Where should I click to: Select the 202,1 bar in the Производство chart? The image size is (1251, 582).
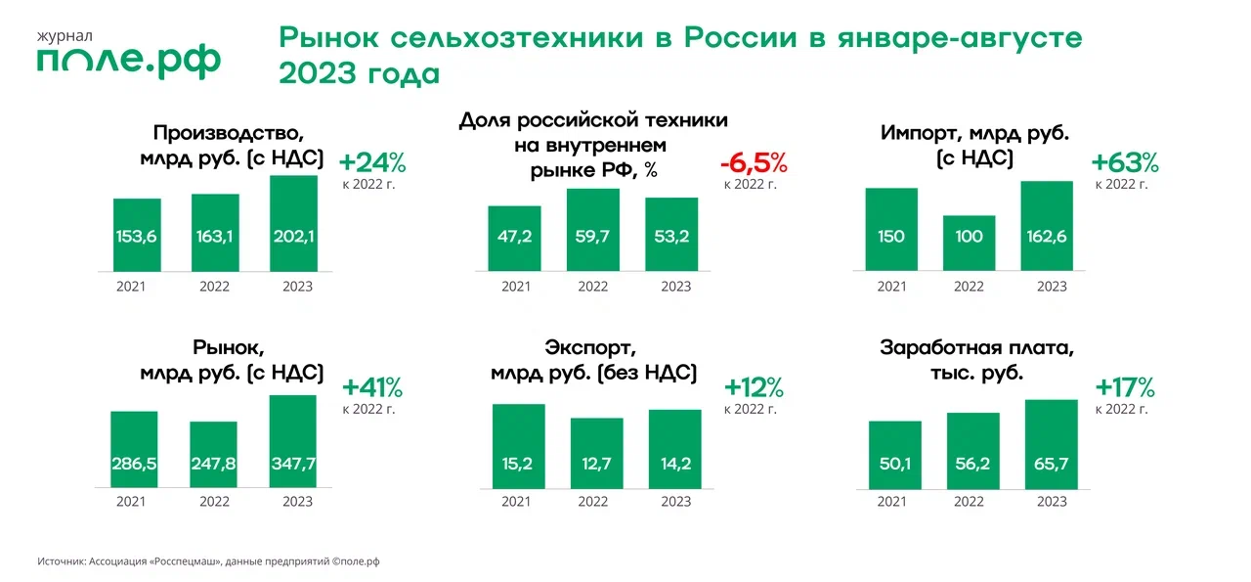[293, 223]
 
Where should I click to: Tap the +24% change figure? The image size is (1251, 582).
[371, 161]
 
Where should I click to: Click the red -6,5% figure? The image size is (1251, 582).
[753, 162]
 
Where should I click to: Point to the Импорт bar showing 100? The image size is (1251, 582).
[969, 243]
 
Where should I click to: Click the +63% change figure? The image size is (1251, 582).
[1125, 161]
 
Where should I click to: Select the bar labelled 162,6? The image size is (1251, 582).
[1047, 225]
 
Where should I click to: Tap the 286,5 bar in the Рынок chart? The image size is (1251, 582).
[134, 448]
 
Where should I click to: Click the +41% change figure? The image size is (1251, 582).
[371, 387]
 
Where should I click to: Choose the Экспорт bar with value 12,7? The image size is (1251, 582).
[596, 452]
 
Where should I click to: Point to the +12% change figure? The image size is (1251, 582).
[754, 387]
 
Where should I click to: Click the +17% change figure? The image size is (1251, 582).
[1125, 386]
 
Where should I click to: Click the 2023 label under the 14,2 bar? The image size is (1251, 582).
[675, 501]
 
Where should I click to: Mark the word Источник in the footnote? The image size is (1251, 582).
[62, 562]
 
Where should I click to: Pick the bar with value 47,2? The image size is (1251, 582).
[514, 238]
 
